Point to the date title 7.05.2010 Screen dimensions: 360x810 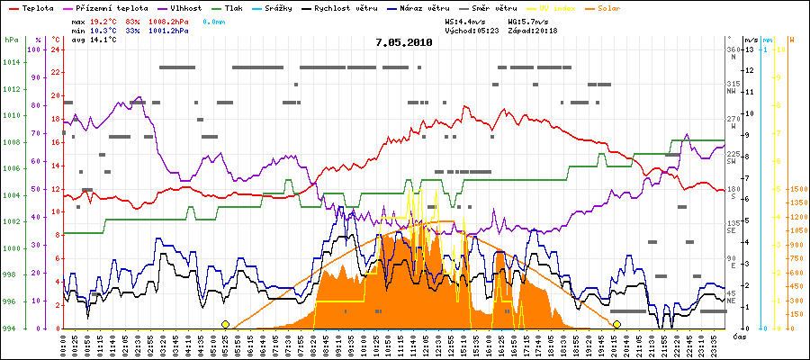coord(403,41)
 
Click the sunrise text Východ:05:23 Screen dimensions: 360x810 coord(472,30)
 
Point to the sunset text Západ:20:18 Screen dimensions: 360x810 coord(533,30)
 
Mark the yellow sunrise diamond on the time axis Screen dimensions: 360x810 coord(225,324)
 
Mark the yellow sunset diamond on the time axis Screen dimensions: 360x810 coord(616,324)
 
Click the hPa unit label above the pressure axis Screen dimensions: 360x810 coord(10,40)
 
